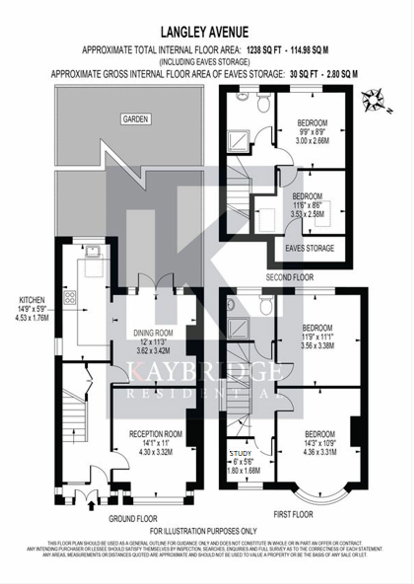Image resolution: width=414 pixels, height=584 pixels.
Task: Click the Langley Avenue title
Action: [x=205, y=32]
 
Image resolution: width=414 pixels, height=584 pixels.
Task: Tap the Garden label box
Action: [x=135, y=119]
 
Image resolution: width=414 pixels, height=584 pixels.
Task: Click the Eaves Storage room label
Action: [x=310, y=248]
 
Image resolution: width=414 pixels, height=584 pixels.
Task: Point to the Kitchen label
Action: [x=32, y=300]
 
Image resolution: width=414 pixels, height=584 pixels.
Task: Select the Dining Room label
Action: [x=153, y=333]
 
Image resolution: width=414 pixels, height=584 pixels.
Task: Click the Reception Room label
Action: [x=156, y=434]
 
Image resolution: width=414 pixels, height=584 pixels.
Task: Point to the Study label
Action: [x=241, y=453]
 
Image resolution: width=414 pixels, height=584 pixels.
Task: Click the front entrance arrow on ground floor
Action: [x=91, y=506]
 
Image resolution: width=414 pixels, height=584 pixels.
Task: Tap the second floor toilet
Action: [x=263, y=104]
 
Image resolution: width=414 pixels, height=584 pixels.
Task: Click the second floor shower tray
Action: [x=238, y=140]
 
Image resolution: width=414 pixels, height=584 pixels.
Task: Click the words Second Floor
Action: [x=289, y=277]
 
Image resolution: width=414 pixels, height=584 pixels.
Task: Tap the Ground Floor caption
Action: [x=133, y=518]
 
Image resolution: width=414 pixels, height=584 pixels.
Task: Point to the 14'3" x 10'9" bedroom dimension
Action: [x=320, y=444]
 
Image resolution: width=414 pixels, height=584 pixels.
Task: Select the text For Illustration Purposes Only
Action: [x=203, y=531]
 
